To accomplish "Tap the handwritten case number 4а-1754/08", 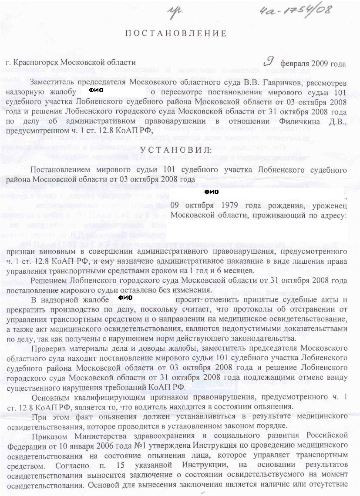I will tap(299, 10).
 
